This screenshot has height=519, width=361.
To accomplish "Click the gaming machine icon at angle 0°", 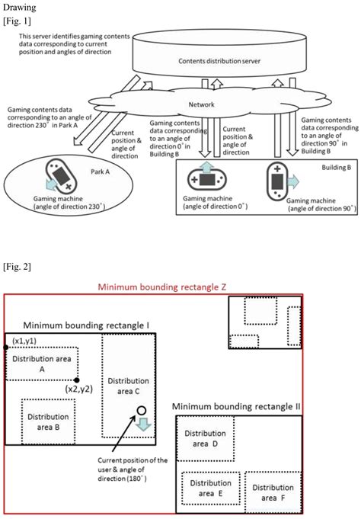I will [x=206, y=178].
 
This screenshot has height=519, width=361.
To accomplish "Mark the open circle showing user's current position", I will [x=141, y=412].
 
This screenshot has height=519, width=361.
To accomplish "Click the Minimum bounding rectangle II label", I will [x=237, y=406].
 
